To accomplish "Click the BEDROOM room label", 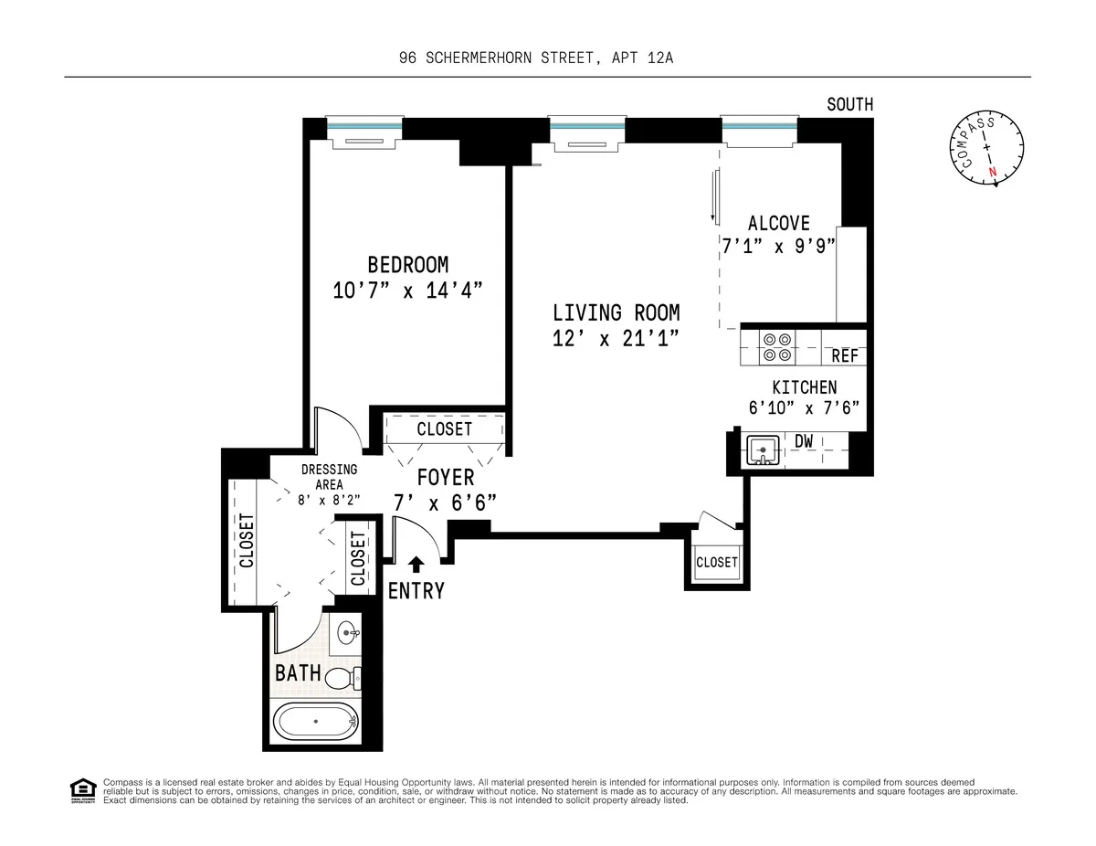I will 407,265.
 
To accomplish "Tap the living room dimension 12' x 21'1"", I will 616,338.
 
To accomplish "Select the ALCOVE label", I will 778,223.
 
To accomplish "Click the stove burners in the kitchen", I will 777,346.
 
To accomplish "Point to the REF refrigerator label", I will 844,356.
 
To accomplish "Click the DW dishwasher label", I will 804,442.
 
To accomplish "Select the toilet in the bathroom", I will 343,678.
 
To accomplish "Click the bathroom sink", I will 347,631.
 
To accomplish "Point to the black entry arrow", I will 417,566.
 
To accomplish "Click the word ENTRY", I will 416,591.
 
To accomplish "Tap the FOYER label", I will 446,477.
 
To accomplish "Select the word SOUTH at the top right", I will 849,105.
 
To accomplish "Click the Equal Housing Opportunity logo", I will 82,790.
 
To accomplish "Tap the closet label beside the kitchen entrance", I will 716,562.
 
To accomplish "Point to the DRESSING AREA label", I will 329,476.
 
